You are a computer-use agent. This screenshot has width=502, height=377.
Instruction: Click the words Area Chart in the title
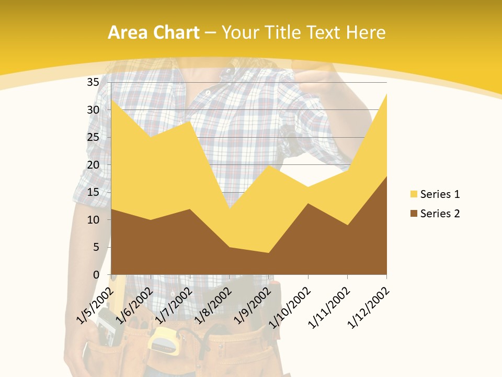click(153, 33)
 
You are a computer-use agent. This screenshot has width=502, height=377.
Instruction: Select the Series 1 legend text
click(440, 194)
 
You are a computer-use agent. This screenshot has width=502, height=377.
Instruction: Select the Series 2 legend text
click(440, 213)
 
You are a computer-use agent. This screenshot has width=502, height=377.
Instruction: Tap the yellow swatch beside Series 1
click(414, 194)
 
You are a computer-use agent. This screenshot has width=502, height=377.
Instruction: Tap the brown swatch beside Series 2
click(414, 213)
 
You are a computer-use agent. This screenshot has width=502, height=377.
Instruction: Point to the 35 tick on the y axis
click(93, 82)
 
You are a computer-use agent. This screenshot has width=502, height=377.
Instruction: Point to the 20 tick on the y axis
click(93, 164)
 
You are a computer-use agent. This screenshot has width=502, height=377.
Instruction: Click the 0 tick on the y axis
click(96, 274)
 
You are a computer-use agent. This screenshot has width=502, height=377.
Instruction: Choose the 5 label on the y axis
click(96, 247)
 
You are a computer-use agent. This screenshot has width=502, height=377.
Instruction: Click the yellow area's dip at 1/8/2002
click(229, 209)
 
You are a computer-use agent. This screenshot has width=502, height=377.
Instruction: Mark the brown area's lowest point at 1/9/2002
click(268, 253)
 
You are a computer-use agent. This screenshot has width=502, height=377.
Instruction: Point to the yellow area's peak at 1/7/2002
click(190, 122)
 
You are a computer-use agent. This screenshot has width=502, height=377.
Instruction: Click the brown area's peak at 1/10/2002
click(308, 204)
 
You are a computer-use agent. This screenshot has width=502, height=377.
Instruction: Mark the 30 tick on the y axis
click(93, 110)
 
